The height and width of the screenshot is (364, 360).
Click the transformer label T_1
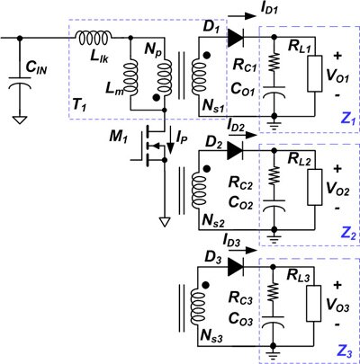click(81, 106)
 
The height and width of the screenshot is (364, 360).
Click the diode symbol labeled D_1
click(235, 38)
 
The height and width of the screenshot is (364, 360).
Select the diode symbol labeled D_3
click(235, 267)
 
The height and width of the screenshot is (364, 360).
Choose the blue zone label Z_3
click(343, 347)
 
